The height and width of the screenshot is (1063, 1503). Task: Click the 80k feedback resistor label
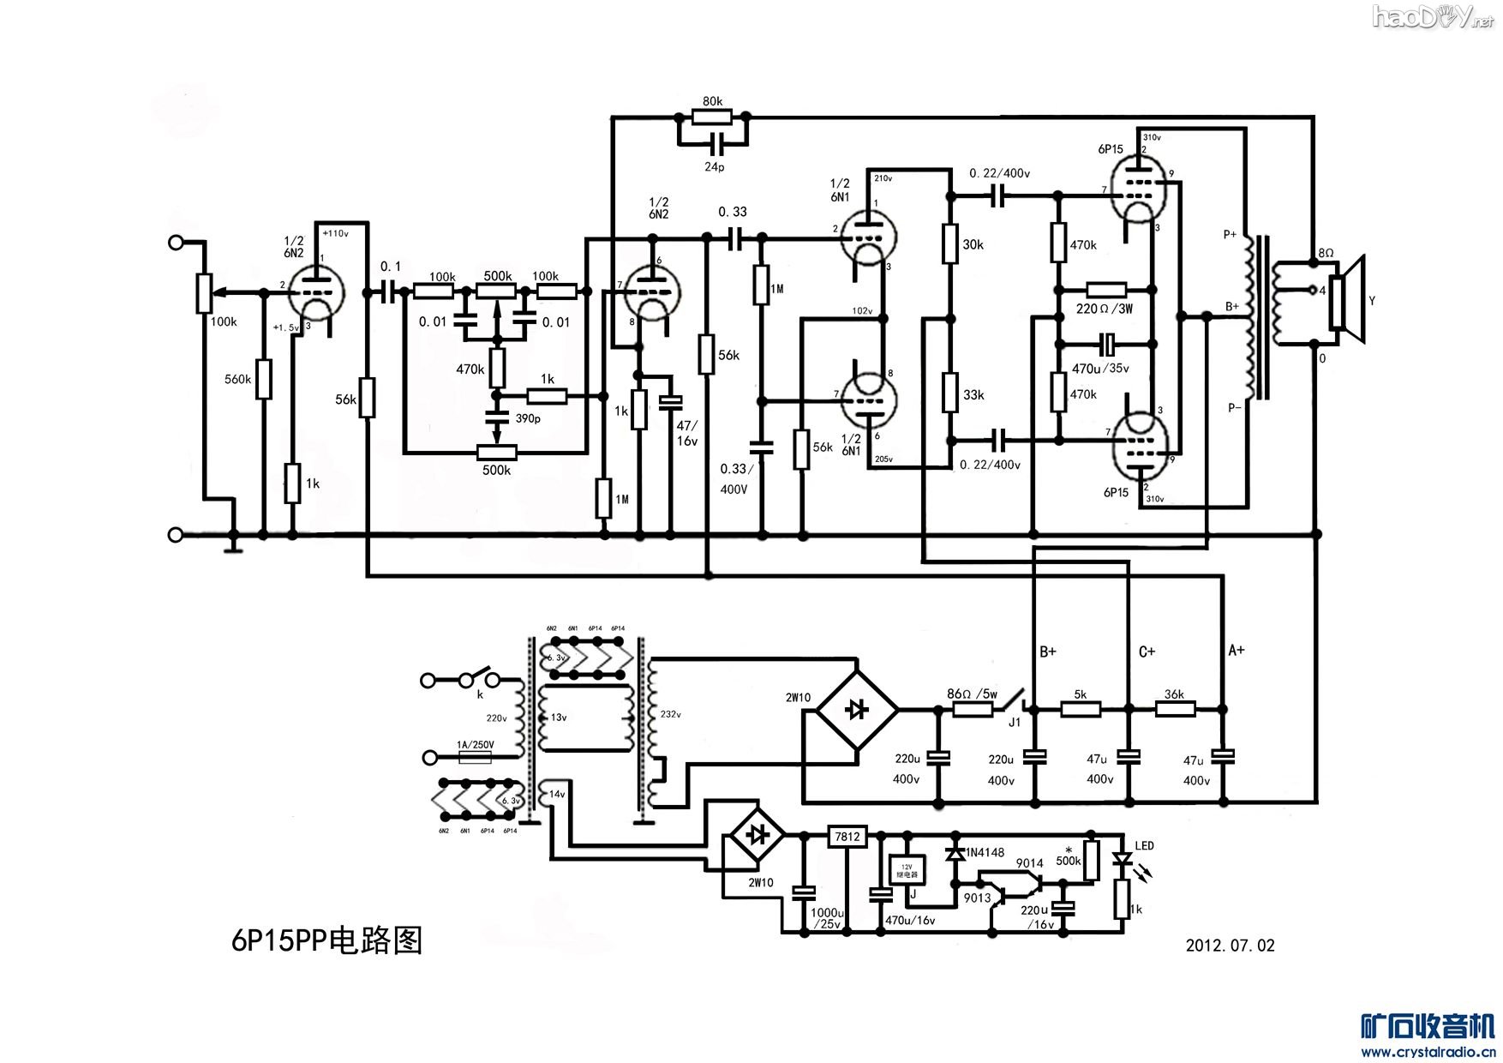point(712,101)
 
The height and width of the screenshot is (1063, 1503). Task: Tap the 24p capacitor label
point(714,166)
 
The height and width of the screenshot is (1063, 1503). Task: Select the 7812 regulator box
point(847,837)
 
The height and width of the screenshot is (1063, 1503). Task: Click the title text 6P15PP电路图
point(326,940)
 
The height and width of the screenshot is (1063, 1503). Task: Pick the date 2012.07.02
point(1230,946)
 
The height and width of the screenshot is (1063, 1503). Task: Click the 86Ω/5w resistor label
point(972,694)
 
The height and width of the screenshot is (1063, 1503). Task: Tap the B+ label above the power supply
point(1047,652)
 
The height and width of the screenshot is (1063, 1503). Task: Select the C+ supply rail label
point(1147,652)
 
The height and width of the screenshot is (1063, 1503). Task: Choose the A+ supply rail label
point(1236,650)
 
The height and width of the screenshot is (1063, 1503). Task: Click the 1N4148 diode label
point(985,852)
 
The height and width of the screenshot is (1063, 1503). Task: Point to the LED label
point(1144,845)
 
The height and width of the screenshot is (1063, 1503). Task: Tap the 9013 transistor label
point(977,898)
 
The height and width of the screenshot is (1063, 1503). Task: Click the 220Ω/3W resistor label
point(1104,309)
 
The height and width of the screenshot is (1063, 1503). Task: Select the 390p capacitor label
point(528,418)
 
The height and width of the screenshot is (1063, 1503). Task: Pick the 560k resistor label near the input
point(237,379)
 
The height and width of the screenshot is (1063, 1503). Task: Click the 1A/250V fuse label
point(475,745)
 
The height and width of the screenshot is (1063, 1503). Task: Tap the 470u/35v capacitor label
point(1100,369)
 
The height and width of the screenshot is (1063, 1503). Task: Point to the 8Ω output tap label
point(1326,253)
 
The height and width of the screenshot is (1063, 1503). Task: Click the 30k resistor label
point(973,244)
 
